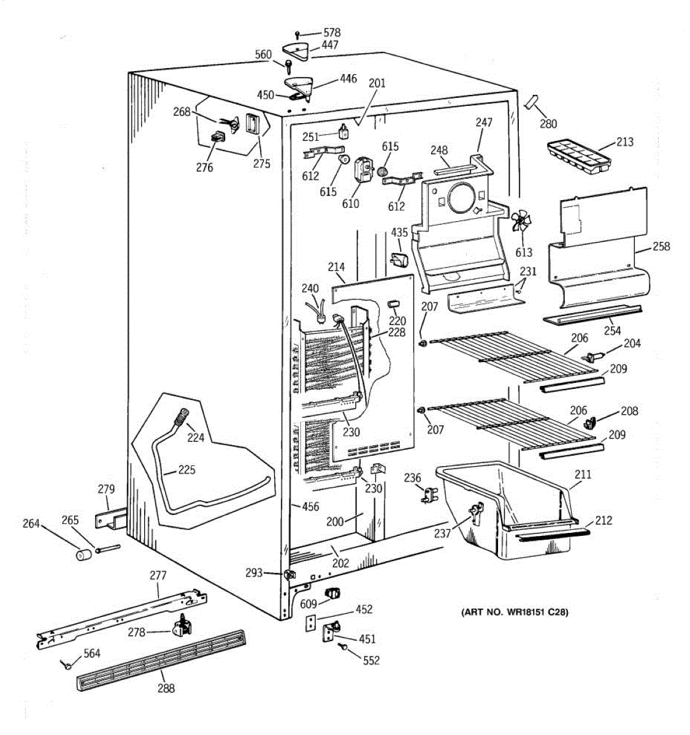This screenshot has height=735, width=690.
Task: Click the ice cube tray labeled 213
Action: pyautogui.click(x=578, y=157)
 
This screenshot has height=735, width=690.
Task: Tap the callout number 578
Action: pyautogui.click(x=332, y=32)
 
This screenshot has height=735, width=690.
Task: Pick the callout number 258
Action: pyautogui.click(x=661, y=247)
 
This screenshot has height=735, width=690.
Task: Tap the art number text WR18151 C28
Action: pyautogui.click(x=514, y=612)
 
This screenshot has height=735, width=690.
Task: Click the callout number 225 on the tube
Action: pyautogui.click(x=186, y=470)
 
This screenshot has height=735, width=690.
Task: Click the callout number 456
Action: pyautogui.click(x=310, y=507)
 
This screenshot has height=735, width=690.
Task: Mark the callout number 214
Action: pyautogui.click(x=336, y=267)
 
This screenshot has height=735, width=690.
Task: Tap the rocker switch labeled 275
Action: pyautogui.click(x=251, y=125)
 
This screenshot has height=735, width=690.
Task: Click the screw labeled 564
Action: pyautogui.click(x=67, y=664)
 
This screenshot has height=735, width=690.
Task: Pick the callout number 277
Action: pyautogui.click(x=158, y=576)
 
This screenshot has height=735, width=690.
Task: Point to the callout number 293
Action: pyautogui.click(x=253, y=573)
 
